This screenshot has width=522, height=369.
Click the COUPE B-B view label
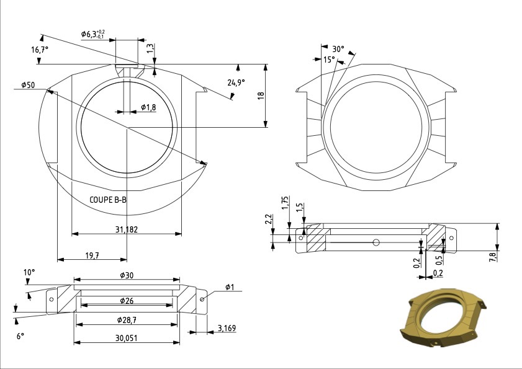tap(109, 200)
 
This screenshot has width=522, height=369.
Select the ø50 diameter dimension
tap(27, 84)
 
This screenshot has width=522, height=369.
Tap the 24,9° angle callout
tap(235, 82)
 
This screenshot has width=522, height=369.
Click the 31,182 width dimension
tap(127, 229)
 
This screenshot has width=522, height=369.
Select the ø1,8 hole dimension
tap(148, 107)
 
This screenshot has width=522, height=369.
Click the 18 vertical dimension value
tap(261, 96)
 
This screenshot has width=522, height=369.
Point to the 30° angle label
tap(338, 48)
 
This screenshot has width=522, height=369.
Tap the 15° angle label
tap(328, 60)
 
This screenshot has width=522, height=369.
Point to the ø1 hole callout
tap(229, 287)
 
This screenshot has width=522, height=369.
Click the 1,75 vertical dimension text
tap(284, 204)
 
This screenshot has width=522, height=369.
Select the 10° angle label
tap(29, 272)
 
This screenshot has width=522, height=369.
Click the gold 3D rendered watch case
tap(442, 318)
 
